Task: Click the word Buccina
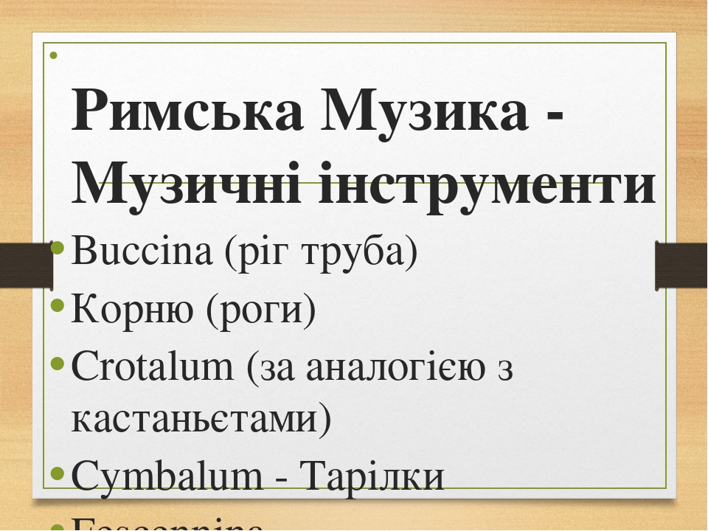pos(140,253)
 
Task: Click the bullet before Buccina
pos(59,251)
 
